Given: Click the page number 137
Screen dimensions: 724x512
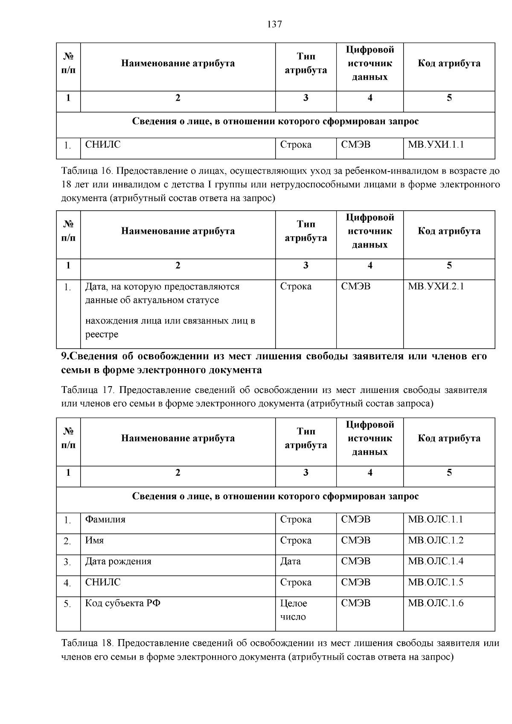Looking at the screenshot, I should tap(274, 24).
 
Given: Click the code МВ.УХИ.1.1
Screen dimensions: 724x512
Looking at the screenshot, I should tap(436, 145).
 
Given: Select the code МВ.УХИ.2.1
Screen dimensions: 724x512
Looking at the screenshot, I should tap(436, 286).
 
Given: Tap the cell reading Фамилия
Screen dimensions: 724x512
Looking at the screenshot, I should tap(105, 519).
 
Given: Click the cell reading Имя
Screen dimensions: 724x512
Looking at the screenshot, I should tap(95, 540).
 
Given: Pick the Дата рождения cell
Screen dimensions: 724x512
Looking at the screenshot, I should tap(118, 561).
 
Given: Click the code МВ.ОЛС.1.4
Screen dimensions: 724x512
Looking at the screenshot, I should tap(436, 561).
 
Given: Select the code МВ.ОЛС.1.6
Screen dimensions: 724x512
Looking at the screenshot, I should tap(436, 603).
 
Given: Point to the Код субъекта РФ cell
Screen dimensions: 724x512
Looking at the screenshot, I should tap(123, 603).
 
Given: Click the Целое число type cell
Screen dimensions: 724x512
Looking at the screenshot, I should tap(294, 610).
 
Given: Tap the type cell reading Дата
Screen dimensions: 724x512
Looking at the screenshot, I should tap(291, 561).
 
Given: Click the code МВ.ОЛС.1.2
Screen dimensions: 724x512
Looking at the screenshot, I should tap(436, 540).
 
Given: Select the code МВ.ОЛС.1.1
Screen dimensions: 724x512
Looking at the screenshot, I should tap(436, 519).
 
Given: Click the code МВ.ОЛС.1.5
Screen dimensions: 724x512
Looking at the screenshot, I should tap(436, 582).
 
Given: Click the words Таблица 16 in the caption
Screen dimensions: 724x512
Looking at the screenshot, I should tap(86, 172).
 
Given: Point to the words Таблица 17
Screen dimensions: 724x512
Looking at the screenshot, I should tap(86, 390).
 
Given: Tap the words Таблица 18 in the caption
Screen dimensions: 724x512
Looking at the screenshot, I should tap(86, 643).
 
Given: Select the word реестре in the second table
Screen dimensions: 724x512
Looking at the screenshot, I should tap(102, 334).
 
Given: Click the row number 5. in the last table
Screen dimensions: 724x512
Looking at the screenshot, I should tap(67, 604).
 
